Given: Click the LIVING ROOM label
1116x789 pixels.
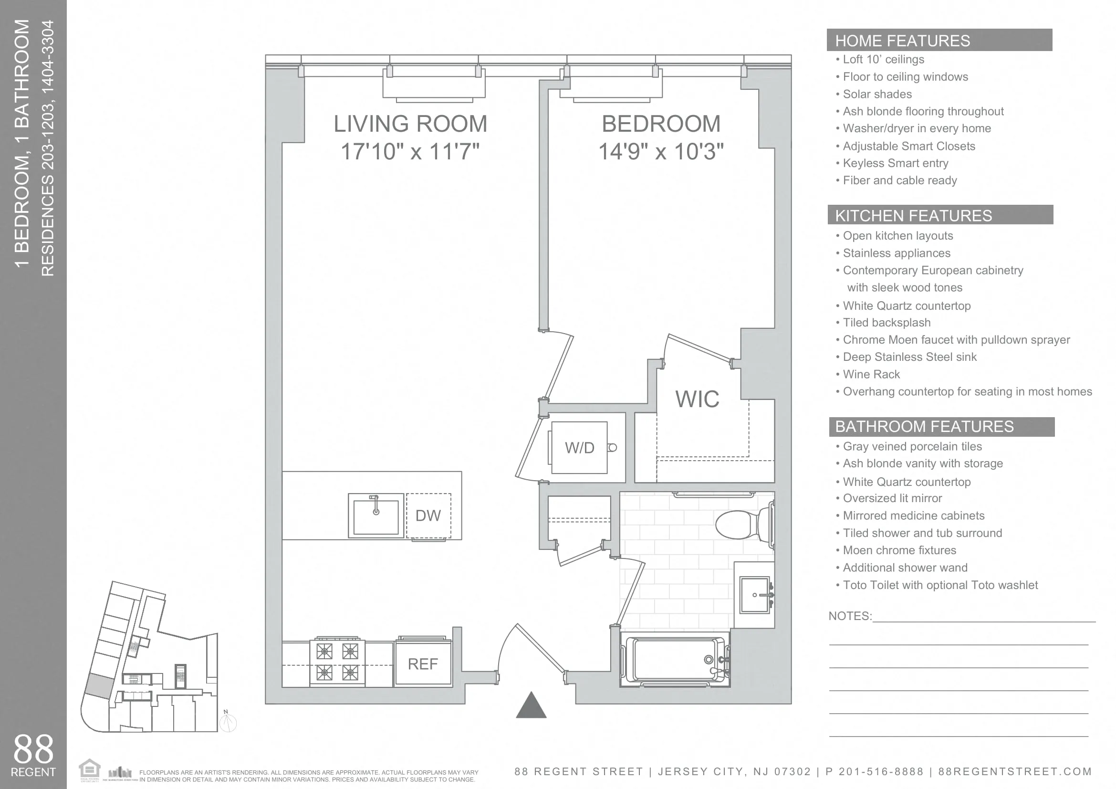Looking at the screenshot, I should point(410,124).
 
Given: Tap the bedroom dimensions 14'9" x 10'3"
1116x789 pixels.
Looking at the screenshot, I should point(660,152).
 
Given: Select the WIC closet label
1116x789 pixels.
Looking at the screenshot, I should point(697,399).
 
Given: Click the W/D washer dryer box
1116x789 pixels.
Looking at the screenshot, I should point(579,448).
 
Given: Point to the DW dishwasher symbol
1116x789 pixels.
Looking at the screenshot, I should point(428,515).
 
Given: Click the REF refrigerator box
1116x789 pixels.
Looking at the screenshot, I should point(423,663).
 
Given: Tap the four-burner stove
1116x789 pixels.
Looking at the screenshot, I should point(337,662).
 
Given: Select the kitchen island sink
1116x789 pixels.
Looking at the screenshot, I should point(375,516).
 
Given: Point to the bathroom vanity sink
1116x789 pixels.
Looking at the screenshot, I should point(755,595).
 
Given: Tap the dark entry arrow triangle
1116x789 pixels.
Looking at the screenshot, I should point(531,706).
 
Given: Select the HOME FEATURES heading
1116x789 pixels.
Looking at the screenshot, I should point(902,41).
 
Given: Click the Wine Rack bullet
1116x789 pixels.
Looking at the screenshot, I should point(871,374).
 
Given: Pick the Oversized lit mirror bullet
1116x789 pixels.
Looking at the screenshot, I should point(892,498).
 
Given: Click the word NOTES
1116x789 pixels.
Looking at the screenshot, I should point(849,616).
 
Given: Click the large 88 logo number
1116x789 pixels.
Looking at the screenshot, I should point(33,749).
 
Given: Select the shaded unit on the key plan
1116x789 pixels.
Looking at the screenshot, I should point(99,686).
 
